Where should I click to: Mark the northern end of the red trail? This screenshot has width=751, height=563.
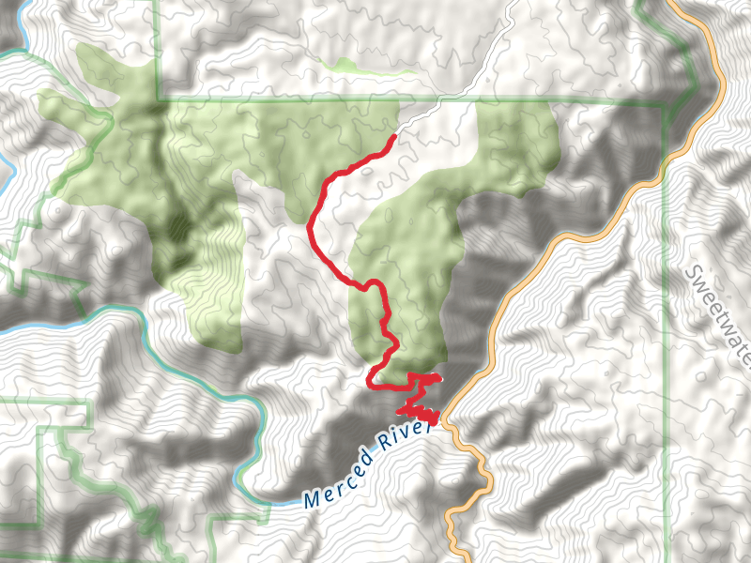pyautogui.click(x=392, y=138)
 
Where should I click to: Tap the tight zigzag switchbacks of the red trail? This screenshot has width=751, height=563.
pyautogui.click(x=420, y=412)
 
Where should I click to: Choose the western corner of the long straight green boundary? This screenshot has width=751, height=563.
pyautogui.click(x=159, y=98)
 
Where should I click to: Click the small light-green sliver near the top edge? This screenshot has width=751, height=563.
pyautogui.click(x=366, y=67)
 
